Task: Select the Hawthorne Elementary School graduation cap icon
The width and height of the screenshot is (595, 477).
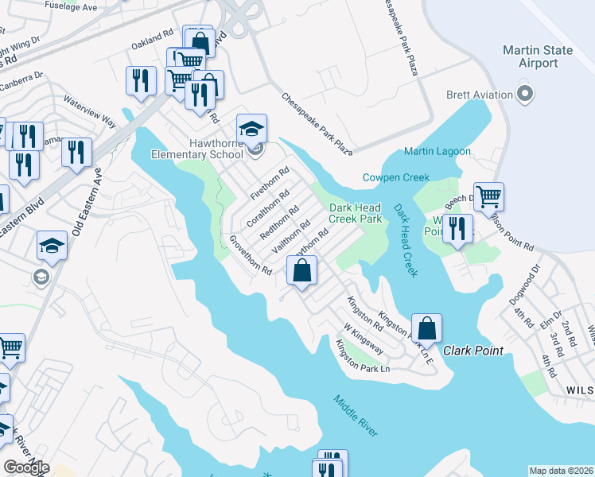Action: click(x=251, y=129)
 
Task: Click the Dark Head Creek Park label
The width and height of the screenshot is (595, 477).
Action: click(x=356, y=212)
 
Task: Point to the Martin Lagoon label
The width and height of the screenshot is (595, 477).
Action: click(x=437, y=151)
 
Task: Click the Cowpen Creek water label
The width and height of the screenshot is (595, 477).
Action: click(x=396, y=177)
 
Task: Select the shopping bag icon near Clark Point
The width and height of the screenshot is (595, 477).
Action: click(x=426, y=328)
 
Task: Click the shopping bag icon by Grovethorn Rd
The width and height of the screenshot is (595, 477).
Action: click(x=302, y=271)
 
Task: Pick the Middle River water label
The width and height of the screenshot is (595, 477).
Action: click(x=356, y=416)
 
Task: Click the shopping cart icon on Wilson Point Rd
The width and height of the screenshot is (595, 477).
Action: click(x=489, y=195)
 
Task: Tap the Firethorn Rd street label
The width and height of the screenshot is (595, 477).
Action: click(x=269, y=183)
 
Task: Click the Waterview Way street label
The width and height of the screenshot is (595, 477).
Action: click(x=91, y=113)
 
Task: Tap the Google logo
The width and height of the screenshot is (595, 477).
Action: click(x=26, y=467)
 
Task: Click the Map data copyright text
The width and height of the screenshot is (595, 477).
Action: click(x=560, y=471)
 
